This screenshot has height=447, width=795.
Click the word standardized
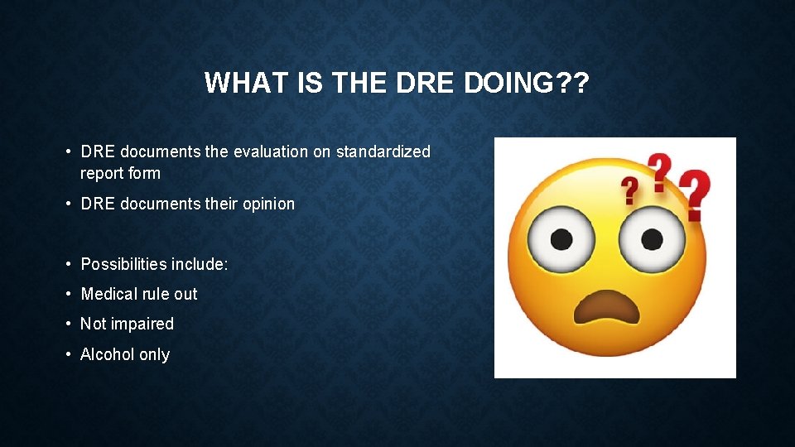point(383,151)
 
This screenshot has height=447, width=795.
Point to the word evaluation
point(271,151)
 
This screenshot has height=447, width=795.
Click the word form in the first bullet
point(144,173)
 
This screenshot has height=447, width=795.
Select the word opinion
point(267,204)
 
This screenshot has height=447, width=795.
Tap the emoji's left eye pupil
point(563,239)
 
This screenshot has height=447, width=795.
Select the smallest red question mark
point(631,190)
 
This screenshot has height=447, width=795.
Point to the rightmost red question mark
point(696,195)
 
